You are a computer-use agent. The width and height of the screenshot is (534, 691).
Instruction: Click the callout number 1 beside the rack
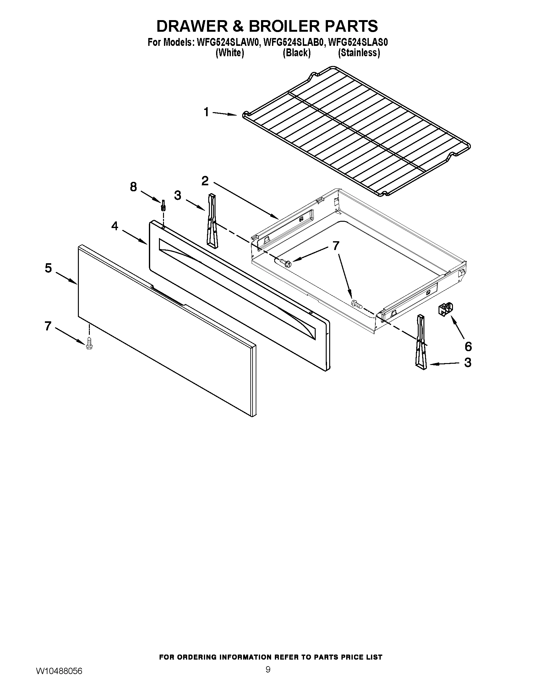206,112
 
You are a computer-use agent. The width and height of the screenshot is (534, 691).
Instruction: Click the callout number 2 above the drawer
205,181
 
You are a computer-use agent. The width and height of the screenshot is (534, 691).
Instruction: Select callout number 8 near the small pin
133,187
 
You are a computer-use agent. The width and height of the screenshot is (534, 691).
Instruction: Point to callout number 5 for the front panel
48,268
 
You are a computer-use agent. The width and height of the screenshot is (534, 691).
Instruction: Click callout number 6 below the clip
468,346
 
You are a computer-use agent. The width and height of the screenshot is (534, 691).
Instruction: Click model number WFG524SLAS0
358,42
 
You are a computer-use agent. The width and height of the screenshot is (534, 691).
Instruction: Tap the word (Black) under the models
297,53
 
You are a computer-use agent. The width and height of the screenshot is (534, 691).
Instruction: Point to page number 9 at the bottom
268,678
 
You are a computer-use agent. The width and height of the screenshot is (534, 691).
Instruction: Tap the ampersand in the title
236,26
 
